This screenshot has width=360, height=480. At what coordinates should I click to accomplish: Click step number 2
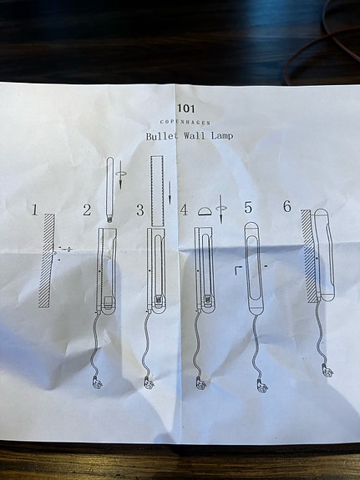point(87,210)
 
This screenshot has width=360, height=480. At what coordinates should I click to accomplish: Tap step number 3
point(139,210)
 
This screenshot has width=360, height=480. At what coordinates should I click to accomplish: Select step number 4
point(184,210)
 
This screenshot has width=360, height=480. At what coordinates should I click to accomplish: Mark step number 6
point(286,206)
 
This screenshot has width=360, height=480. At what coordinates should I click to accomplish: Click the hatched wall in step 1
point(47,260)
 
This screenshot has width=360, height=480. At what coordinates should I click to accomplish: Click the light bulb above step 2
point(109,190)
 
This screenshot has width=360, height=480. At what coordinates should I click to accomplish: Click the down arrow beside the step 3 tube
point(170,188)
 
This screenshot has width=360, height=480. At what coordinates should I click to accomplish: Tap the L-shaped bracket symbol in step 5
point(238,270)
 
